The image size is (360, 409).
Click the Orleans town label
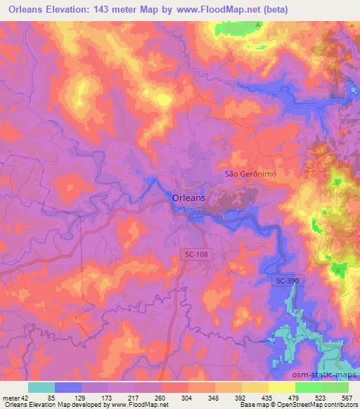click(x=188, y=199)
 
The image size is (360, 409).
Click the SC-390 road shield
click(x=283, y=281)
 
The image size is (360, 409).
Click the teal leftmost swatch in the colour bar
click(x=41, y=387)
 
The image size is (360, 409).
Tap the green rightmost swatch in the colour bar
click(x=335, y=387)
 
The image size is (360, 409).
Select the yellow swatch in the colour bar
click(x=282, y=387)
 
